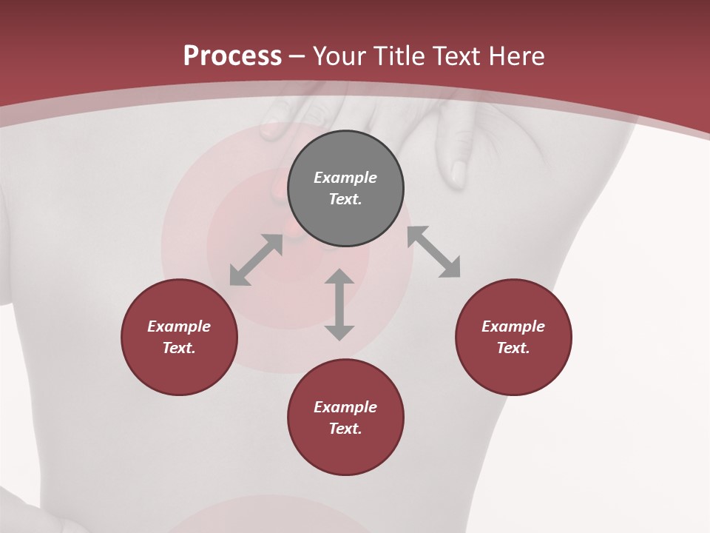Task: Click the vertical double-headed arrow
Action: pyautogui.click(x=339, y=304)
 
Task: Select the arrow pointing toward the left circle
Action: pyautogui.click(x=256, y=260)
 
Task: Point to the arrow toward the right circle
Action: pyautogui.click(x=433, y=252)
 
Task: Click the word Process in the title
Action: pyautogui.click(x=232, y=56)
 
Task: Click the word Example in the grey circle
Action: pyautogui.click(x=345, y=178)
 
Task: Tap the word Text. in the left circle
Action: pyautogui.click(x=179, y=348)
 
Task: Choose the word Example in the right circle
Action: pyautogui.click(x=513, y=326)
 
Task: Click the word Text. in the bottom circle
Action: pyautogui.click(x=345, y=429)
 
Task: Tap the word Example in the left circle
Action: pyautogui.click(x=179, y=326)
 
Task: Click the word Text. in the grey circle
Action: pyautogui.click(x=345, y=199)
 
